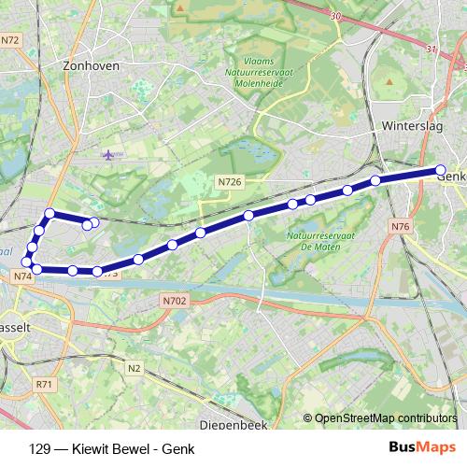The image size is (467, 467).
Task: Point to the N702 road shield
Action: click(174, 301)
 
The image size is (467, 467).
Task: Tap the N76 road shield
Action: click(401, 227)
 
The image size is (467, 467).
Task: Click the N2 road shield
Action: click(134, 369)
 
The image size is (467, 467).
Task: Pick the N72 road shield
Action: click(10, 39)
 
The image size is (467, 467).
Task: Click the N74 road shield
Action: click(23, 276)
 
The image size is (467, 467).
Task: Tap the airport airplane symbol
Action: click(112, 154)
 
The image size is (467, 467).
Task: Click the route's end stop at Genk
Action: click(441, 170)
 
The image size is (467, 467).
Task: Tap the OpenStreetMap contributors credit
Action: click(385, 418)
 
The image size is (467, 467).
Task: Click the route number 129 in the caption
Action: click(40, 448)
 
